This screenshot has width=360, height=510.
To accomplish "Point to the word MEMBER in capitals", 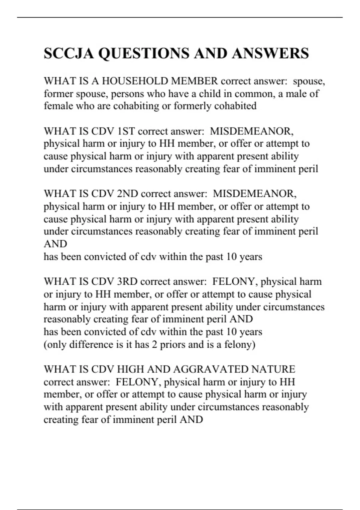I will pos(195,81).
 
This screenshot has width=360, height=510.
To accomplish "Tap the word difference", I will pos(91,344).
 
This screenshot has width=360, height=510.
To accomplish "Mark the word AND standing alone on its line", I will pos(55,244).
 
